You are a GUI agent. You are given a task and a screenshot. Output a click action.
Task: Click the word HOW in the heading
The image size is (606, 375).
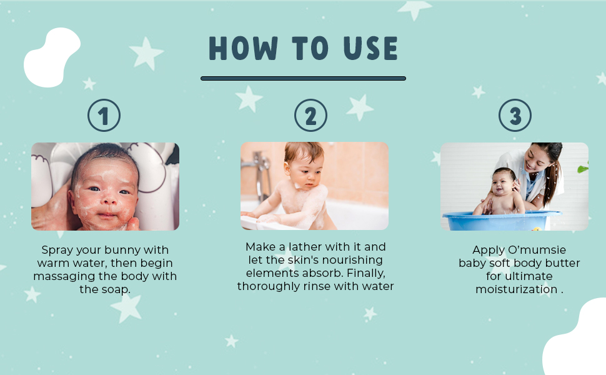click(243, 48)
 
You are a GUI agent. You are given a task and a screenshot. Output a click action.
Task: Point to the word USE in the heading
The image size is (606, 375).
click(370, 48)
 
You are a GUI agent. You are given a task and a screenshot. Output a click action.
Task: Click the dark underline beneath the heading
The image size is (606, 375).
click(304, 79)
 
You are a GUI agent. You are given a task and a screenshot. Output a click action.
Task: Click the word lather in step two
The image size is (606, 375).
click(305, 247)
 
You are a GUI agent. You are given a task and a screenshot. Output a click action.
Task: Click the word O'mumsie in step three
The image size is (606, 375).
click(537, 250)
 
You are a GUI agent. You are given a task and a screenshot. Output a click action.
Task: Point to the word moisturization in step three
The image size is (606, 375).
click(516, 289)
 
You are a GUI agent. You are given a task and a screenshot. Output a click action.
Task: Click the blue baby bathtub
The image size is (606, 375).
click(502, 221)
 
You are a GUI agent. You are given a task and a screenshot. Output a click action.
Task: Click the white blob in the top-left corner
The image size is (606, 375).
click(52, 57)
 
